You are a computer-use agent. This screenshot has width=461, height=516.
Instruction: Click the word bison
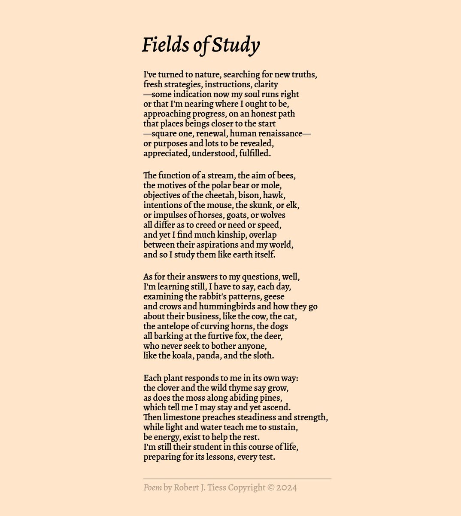coord(249,196)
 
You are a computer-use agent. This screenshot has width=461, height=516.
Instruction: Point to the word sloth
coord(264,356)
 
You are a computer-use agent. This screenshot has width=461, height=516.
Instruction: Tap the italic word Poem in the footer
coord(152,488)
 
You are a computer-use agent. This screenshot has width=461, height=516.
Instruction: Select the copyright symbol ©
coord(270,488)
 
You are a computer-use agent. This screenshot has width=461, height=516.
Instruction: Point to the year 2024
coord(287,488)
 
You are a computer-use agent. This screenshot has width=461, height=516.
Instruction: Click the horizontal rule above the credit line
coord(237,479)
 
